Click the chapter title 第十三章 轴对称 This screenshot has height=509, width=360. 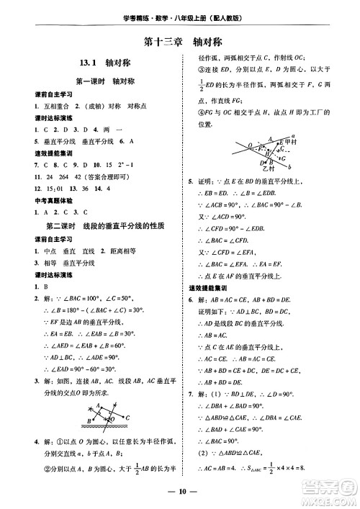click(179, 42)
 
